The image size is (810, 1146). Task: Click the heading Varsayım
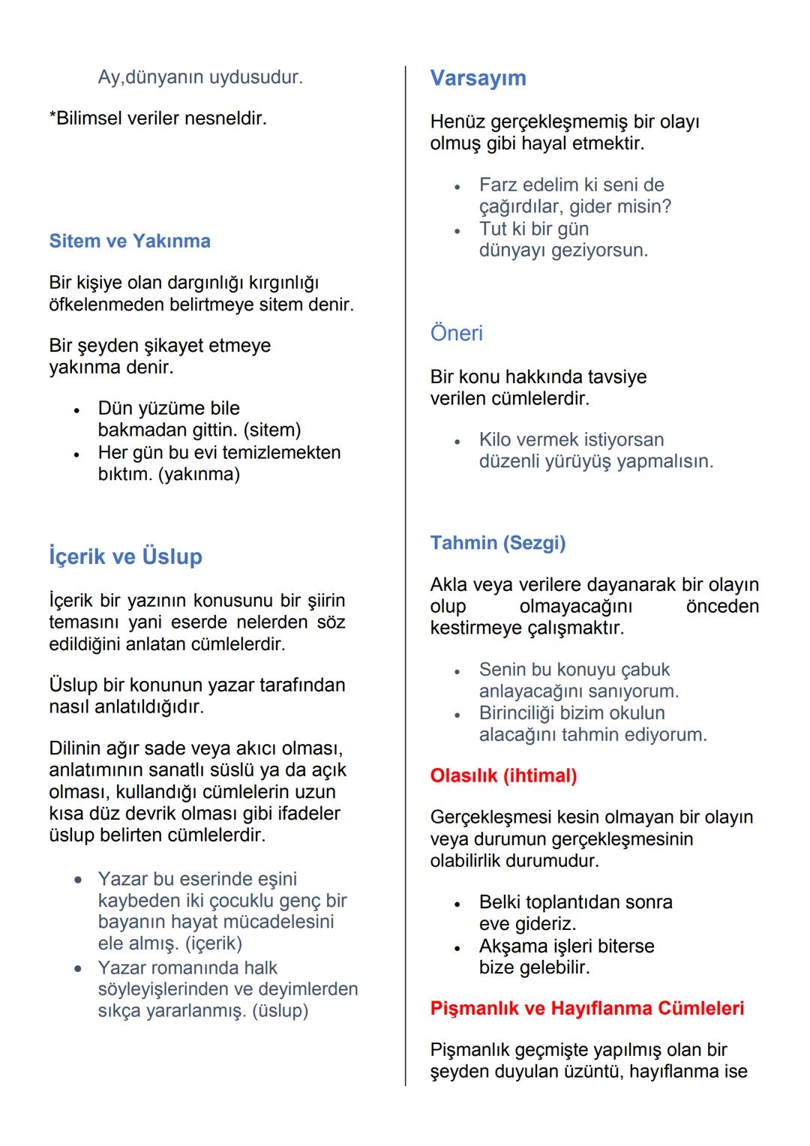478,78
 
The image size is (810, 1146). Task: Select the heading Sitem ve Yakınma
130,241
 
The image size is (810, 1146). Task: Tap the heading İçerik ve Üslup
125,556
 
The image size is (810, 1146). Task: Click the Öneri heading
456,333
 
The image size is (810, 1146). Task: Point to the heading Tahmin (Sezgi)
498,543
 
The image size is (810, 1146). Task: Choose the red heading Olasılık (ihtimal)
503,775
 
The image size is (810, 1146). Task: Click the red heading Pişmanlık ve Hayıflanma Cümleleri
587,1008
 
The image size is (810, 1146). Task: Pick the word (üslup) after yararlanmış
280,1010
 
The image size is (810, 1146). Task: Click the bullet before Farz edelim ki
456,186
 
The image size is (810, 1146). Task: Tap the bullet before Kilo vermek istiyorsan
456,441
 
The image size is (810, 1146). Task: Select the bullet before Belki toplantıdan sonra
456,904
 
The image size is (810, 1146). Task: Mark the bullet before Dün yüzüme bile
76,410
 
